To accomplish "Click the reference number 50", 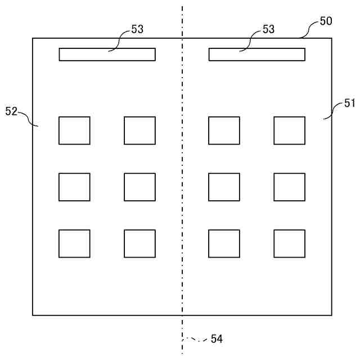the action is tap(326, 21).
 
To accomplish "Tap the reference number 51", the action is tap(350, 103).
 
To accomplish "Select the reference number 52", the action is tap(11, 111).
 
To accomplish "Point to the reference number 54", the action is tap(217, 339).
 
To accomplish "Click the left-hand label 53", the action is tap(137, 29).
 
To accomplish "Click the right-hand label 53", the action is tap(269, 29).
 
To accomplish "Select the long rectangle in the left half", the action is tap(107, 55).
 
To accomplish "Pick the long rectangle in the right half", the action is tap(257, 55).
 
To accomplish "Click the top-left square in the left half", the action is tap(74, 130).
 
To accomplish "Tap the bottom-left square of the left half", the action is tap(74, 244).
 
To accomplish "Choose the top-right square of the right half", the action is tap(290, 130).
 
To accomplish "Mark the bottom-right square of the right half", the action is tap(290, 244).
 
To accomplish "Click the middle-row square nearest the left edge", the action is tap(74, 187).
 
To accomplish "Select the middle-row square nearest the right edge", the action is tap(290, 187).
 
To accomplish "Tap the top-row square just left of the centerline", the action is tap(139, 130).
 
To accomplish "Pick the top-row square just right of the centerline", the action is tap(224, 130).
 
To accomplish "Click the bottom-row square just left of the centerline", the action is tap(139, 244).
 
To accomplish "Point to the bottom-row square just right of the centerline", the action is tap(224, 244).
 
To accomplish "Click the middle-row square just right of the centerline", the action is tap(224, 187).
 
